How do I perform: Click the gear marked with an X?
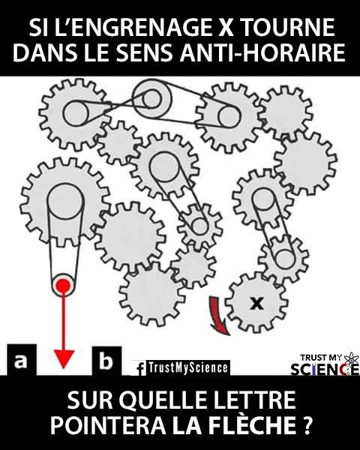pyautogui.click(x=256, y=303)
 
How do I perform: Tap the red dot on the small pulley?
pyautogui.click(x=63, y=286)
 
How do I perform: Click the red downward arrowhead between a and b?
pyautogui.click(x=64, y=359)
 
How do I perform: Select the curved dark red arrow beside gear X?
pyautogui.click(x=218, y=315)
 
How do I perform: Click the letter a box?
pyautogui.click(x=22, y=360)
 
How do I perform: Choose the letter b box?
pyautogui.click(x=106, y=361)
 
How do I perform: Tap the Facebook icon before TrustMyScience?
pyautogui.click(x=141, y=368)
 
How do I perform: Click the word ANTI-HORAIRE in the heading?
pyautogui.click(x=262, y=52)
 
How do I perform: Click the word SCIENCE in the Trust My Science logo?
pyautogui.click(x=325, y=369)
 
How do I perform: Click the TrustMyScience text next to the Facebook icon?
pyautogui.click(x=188, y=367)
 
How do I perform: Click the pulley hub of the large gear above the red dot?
pyautogui.click(x=66, y=201)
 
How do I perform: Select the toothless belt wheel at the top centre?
pyautogui.click(x=151, y=99)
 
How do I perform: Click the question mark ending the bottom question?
pyautogui.click(x=307, y=424)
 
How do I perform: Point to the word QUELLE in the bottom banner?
pyautogui.click(x=166, y=400)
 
